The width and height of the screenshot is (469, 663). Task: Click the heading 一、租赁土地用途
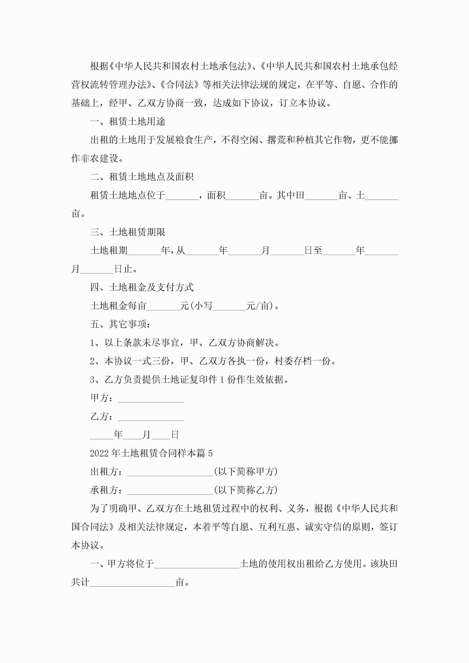tap(127, 122)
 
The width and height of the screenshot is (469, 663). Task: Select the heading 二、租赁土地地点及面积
tap(142, 177)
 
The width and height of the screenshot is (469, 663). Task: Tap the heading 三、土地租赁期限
tap(127, 232)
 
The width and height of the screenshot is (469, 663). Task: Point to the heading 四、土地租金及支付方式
tap(142, 287)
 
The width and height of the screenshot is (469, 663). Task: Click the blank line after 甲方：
tap(151, 398)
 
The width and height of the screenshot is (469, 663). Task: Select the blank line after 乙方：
tap(151, 417)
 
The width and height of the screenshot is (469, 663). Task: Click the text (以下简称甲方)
tap(246, 472)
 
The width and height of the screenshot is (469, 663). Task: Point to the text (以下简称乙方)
tap(246, 490)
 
